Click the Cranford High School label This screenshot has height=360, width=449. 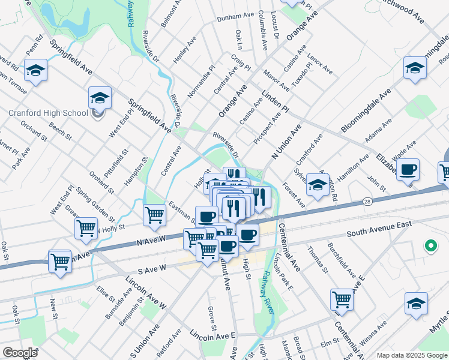(x=47, y=112)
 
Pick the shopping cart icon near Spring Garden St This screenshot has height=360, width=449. (x=86, y=227)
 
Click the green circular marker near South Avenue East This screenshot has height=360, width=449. (x=430, y=245)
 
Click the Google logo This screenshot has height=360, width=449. (x=20, y=353)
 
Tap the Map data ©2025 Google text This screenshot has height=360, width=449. (x=411, y=355)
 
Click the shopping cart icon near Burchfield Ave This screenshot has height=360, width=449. (x=342, y=299)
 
